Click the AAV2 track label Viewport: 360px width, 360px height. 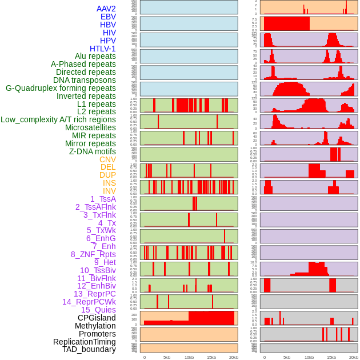(106, 9)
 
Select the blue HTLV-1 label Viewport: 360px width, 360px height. (102, 49)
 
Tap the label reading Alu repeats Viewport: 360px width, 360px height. (95, 56)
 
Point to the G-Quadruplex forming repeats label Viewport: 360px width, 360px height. (61, 88)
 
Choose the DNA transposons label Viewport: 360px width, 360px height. (85, 80)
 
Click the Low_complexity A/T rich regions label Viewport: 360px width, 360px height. (58, 119)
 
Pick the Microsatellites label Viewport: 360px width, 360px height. (90, 127)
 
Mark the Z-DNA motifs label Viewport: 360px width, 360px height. (93, 151)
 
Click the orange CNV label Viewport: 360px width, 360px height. (107, 159)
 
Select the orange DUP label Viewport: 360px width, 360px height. (107, 175)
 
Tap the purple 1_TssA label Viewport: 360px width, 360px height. (103, 199)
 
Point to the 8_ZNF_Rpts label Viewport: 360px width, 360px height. (93, 254)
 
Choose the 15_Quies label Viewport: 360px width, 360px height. (98, 310)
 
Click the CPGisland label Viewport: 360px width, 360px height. (97, 318)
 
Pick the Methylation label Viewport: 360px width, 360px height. (95, 326)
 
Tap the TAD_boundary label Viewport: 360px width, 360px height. (89, 349)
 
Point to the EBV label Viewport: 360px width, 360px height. (108, 17)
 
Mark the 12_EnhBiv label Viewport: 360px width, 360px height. (96, 286)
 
